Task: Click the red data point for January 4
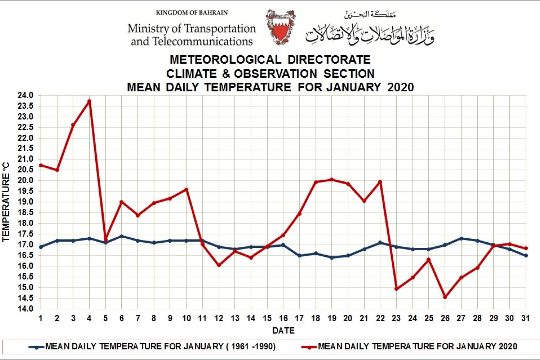tap(89, 101)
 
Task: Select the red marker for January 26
tap(445, 297)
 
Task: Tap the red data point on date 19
tap(332, 180)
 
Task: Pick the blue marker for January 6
tap(122, 236)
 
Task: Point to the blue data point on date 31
tap(526, 256)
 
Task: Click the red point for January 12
tap(219, 265)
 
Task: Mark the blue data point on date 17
tap(299, 256)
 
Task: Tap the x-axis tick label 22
tap(380, 319)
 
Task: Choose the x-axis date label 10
tap(186, 319)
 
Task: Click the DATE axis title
tap(283, 330)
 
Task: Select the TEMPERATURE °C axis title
tap(6, 202)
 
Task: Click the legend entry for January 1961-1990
tap(160, 347)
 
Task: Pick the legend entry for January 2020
tap(417, 347)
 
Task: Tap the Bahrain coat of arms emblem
tap(280, 27)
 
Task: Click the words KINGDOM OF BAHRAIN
tap(192, 13)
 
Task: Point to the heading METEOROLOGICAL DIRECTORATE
tap(270, 59)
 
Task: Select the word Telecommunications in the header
tap(202, 41)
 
